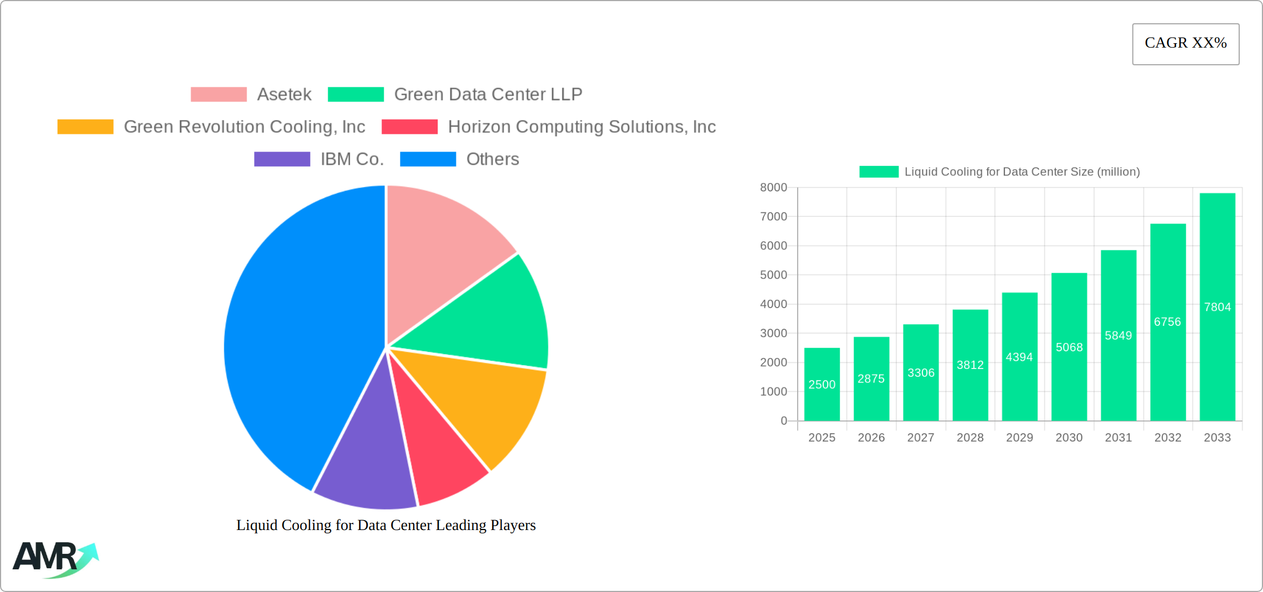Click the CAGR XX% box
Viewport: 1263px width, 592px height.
[x=1185, y=44]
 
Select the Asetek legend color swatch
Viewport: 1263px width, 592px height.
[x=218, y=95]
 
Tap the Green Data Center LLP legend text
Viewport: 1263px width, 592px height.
[x=487, y=95]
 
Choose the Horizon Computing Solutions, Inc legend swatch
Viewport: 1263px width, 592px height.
[x=409, y=127]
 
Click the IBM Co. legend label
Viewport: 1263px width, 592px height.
[x=352, y=159]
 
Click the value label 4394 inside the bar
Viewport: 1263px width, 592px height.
[x=1019, y=357]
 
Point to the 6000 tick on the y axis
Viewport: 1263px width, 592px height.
[x=773, y=246]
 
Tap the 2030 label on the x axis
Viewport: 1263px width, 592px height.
[x=1069, y=438]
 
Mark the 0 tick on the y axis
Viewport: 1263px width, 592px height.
[x=784, y=421]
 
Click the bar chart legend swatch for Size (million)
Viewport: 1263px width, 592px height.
[x=879, y=172]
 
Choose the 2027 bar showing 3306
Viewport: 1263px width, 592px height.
[x=921, y=373]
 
